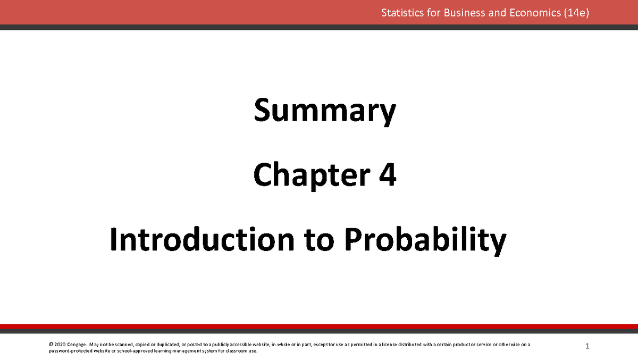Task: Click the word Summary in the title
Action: [324, 112]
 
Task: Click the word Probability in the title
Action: [425, 241]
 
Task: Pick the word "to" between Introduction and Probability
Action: [320, 240]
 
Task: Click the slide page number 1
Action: [587, 347]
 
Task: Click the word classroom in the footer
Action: [237, 351]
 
